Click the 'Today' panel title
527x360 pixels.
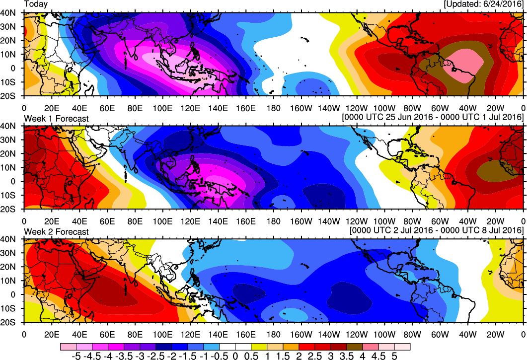(36, 4)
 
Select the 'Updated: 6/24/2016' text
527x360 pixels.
(484, 4)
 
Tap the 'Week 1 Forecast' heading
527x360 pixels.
(57, 118)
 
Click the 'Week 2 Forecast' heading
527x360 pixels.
(57, 231)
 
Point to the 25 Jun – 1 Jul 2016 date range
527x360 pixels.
(433, 117)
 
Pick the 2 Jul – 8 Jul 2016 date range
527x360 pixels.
(437, 230)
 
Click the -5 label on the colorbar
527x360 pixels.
(76, 356)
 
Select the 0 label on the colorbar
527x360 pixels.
(235, 356)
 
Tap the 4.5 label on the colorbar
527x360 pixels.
(379, 356)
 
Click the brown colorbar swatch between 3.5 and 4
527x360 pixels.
(355, 347)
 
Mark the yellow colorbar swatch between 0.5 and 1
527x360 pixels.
(259, 347)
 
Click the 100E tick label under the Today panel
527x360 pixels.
(163, 108)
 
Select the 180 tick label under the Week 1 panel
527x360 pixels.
(273, 221)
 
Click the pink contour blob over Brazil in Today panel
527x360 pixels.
(464, 66)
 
